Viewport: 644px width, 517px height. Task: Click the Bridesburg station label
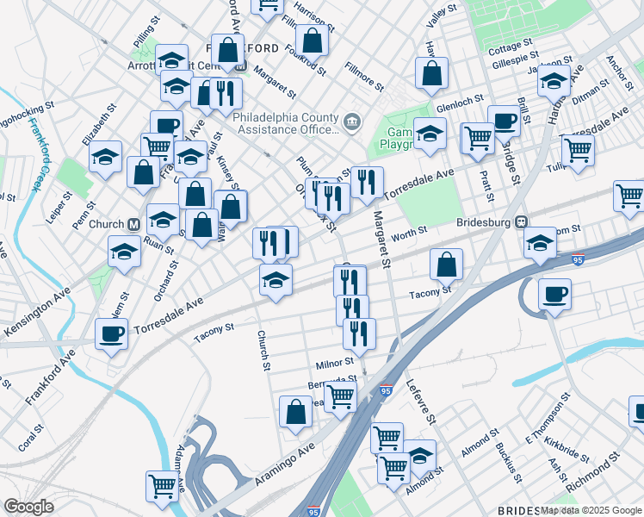(x=483, y=221)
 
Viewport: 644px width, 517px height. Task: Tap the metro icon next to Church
(x=133, y=224)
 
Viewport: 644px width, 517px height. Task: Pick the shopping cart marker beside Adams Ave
(x=162, y=488)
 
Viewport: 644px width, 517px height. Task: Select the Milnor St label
(x=335, y=363)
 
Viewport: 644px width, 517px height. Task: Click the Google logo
(x=28, y=507)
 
